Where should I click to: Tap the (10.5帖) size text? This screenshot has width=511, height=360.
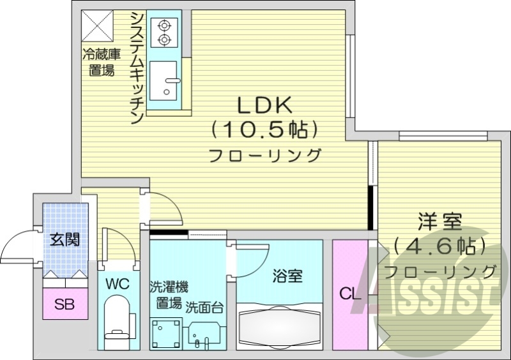(264, 131)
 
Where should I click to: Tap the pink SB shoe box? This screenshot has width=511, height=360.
(63, 304)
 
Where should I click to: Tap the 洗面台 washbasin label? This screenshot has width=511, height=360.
(204, 307)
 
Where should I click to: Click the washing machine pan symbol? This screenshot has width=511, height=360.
(166, 333)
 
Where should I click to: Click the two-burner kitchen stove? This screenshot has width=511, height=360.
(164, 33)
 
